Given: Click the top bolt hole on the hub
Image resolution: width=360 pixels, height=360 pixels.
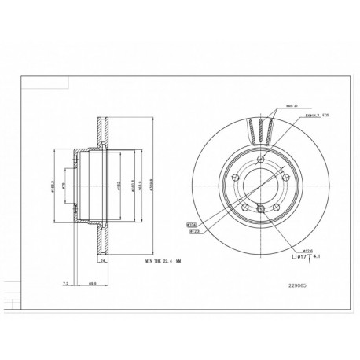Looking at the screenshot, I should [x=260, y=160].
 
